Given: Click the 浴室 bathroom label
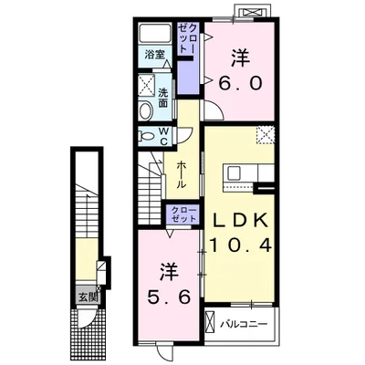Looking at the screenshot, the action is (x=155, y=55).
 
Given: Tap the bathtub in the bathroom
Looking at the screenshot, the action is (x=155, y=34).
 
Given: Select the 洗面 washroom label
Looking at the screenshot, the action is (x=163, y=98).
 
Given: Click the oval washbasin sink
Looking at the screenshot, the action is (x=146, y=111).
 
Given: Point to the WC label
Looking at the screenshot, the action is (x=163, y=137).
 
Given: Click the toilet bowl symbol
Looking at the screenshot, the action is (x=145, y=136).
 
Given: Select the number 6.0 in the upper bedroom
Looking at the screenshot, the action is (x=241, y=83).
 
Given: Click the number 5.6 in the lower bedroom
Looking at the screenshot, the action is (x=169, y=297).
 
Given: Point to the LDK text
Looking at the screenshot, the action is (x=240, y=221).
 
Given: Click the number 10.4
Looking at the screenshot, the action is (x=240, y=245).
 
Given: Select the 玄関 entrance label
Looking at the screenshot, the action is (x=89, y=297).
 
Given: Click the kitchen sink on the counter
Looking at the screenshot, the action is (x=235, y=172).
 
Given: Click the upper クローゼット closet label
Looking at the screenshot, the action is (x=188, y=38).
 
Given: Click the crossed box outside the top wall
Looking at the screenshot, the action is (x=252, y=13).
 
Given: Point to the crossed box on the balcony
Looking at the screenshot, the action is (x=210, y=322).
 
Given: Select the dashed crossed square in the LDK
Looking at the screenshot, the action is (x=266, y=135).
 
